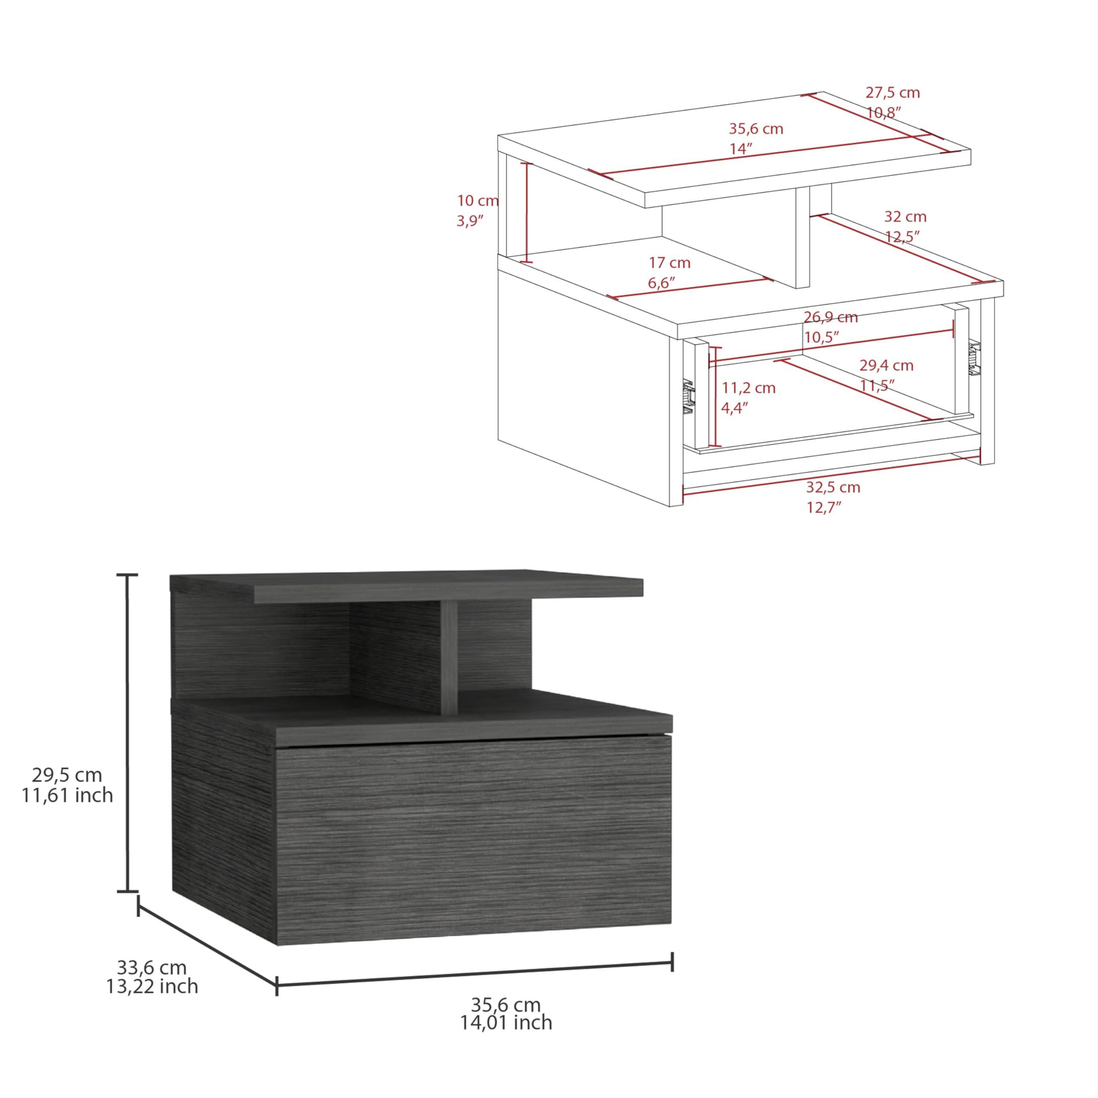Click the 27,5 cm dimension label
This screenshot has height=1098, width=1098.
[x=892, y=93]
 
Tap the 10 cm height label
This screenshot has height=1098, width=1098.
[x=477, y=201]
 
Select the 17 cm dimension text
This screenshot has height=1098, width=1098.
[x=670, y=263]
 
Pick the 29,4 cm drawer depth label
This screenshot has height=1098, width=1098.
[x=886, y=365]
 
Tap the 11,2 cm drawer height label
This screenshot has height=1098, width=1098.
[x=748, y=388]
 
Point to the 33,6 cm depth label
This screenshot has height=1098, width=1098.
[x=152, y=967]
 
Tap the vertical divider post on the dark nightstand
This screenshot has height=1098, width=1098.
[x=449, y=659]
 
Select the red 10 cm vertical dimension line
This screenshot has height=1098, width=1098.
[x=528, y=212]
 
